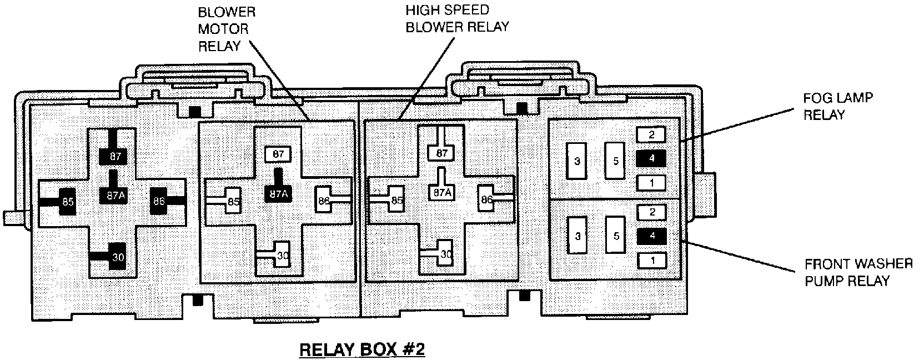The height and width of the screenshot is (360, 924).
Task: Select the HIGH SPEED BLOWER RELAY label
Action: point(456,18)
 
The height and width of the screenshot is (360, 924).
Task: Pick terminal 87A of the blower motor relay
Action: point(279,194)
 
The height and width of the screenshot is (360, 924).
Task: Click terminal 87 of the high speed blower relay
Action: point(441,153)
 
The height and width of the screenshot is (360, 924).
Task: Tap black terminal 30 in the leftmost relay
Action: point(117,257)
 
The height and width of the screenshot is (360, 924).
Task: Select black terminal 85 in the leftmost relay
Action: point(68,202)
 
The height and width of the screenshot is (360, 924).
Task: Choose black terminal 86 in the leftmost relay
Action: point(159,201)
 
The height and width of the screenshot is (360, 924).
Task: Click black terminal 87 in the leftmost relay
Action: point(114,157)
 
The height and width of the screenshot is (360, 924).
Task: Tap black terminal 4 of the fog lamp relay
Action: point(651,158)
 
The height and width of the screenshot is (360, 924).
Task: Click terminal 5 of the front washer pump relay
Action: point(616,236)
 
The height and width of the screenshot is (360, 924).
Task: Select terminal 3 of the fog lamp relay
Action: point(577,161)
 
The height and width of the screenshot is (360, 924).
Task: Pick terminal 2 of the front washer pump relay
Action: point(651,212)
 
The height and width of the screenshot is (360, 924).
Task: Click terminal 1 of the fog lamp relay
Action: point(651,182)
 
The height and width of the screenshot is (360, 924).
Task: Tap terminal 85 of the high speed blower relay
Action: point(396,200)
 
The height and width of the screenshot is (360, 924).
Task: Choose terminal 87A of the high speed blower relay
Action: point(441,192)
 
